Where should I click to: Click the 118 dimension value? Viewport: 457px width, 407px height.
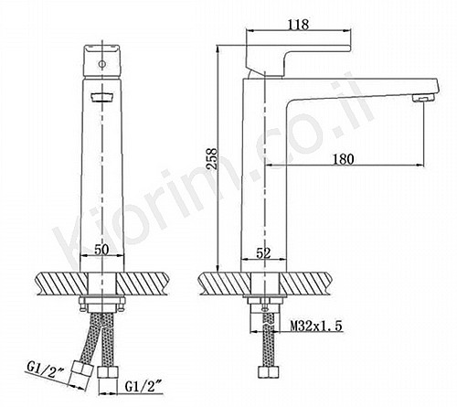coord(298,25)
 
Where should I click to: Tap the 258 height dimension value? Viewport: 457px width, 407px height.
coord(212,158)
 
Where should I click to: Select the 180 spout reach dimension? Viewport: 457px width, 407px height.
coord(344,159)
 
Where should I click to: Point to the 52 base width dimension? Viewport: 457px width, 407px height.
coord(263,252)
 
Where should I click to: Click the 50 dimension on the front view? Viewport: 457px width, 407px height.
coord(101,250)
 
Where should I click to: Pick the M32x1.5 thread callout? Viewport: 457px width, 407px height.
coord(316,327)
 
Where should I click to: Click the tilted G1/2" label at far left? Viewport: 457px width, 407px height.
coord(46,370)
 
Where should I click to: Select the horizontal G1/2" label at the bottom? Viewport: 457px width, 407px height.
coord(143,387)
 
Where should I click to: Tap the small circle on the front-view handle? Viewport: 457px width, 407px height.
coord(102,64)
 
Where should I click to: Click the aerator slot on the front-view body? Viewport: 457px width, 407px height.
coord(101,97)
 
